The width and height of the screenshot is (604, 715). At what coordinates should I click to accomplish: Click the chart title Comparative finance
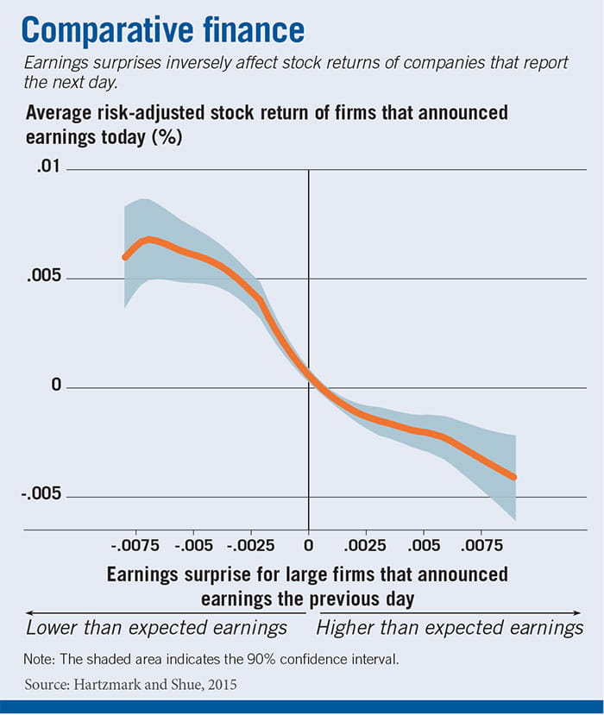pyautogui.click(x=163, y=30)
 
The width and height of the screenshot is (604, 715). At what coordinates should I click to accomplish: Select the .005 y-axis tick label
pyautogui.click(x=44, y=278)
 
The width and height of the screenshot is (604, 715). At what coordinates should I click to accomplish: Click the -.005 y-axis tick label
pyautogui.click(x=41, y=495)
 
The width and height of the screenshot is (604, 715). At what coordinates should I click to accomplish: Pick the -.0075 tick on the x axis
pyautogui.click(x=136, y=545)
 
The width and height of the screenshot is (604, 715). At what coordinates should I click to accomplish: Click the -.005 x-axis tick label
pyautogui.click(x=194, y=545)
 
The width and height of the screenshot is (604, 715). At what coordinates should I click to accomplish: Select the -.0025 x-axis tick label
pyautogui.click(x=251, y=545)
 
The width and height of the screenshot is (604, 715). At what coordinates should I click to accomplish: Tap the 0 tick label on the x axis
pyautogui.click(x=309, y=545)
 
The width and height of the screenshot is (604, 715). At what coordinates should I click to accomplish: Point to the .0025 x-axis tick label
pyautogui.click(x=366, y=545)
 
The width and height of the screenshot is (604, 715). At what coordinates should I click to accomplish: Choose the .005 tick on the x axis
pyautogui.click(x=424, y=545)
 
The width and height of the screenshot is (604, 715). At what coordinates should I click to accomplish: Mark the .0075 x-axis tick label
pyautogui.click(x=481, y=545)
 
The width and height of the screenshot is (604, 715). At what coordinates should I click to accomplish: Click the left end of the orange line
pyautogui.click(x=125, y=257)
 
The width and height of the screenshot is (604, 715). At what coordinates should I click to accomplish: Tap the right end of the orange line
pyautogui.click(x=515, y=477)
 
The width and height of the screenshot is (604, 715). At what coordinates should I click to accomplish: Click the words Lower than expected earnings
pyautogui.click(x=157, y=627)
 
